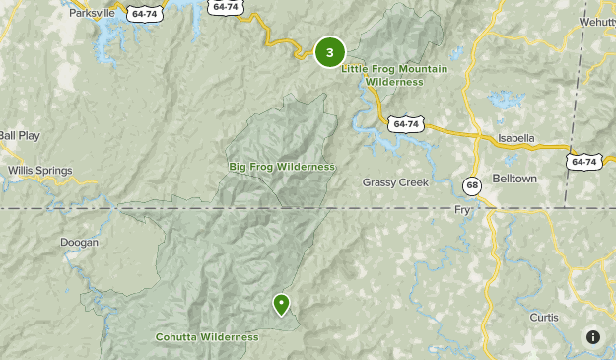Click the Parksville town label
tap(91, 14)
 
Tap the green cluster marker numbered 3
tap(329, 53)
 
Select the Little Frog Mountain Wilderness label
tap(394, 75)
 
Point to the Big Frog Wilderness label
tap(281, 167)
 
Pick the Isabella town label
tap(515, 138)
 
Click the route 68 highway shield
tap(473, 185)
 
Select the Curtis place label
tap(543, 318)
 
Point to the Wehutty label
tap(596, 21)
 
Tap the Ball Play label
tap(20, 135)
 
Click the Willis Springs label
tap(40, 171)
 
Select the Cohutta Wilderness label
tap(207, 337)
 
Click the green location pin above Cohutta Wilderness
tap(282, 304)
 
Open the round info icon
tap(592, 336)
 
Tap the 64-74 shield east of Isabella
tap(583, 161)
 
